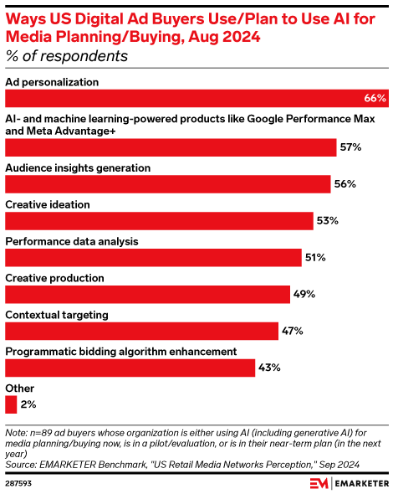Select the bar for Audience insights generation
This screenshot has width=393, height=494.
(x=168, y=184)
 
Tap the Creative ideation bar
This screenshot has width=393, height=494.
(x=160, y=221)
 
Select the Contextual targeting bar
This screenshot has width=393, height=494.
(x=142, y=332)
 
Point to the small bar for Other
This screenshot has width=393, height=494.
(x=11, y=405)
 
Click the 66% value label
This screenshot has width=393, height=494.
(x=375, y=99)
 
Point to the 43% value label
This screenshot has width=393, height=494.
(x=269, y=368)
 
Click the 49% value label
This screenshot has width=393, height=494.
(x=304, y=295)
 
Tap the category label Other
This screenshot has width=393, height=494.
(x=20, y=389)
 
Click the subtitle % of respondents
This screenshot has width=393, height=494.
(x=67, y=57)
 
